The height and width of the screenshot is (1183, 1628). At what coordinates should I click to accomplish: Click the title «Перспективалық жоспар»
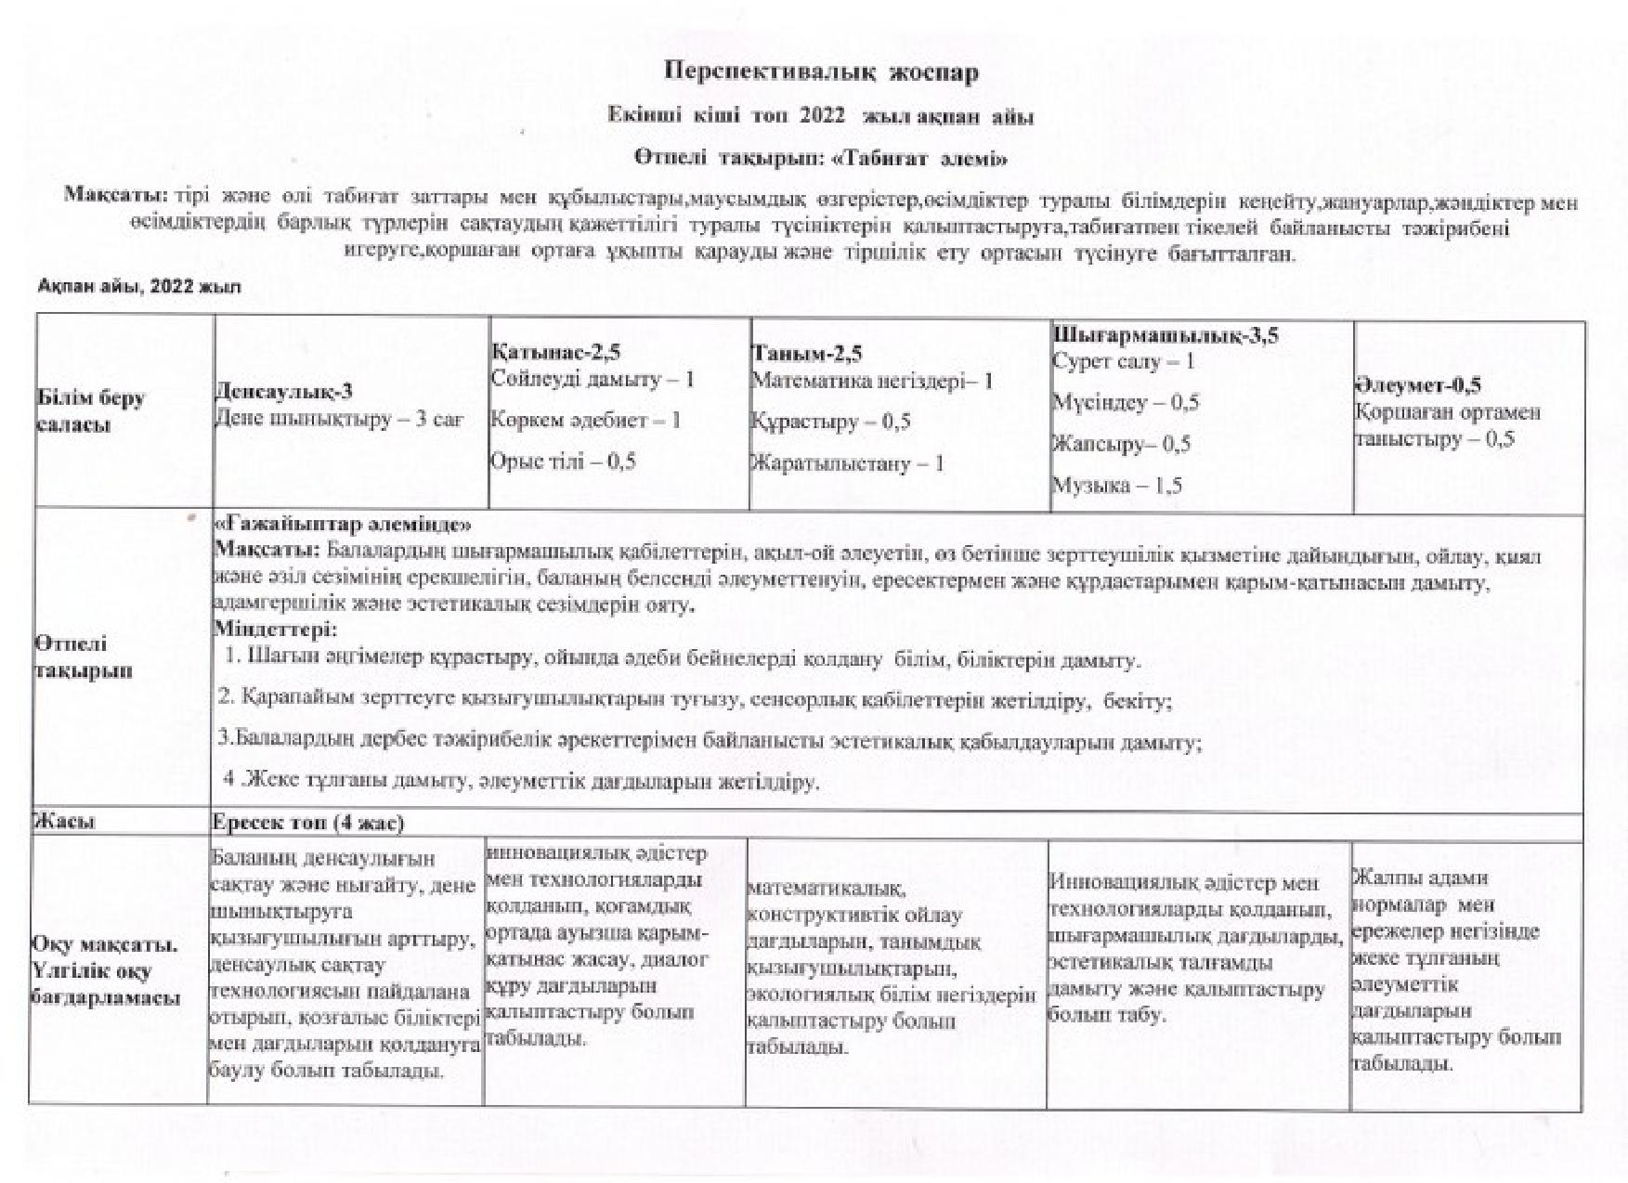click(821, 72)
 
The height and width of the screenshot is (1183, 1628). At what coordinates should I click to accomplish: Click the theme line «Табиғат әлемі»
click(821, 158)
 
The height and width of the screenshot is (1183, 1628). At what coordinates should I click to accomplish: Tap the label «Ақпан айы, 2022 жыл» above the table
click(139, 287)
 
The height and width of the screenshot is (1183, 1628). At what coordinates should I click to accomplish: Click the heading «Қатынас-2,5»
click(555, 352)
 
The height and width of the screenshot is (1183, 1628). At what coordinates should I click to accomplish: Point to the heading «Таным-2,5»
click(806, 353)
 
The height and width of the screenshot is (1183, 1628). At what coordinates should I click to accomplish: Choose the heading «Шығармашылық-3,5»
click(1165, 335)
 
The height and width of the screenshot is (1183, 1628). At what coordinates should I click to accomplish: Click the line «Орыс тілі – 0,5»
click(563, 461)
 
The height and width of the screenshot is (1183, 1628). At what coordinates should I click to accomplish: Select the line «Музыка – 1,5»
click(1116, 486)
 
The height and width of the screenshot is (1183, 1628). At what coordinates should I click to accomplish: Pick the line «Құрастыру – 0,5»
click(830, 422)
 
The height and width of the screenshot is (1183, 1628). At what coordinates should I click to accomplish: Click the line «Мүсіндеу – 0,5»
click(1125, 403)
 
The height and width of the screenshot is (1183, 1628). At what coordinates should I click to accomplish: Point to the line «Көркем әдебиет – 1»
click(585, 420)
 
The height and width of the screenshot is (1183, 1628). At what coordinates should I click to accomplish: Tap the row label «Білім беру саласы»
click(91, 411)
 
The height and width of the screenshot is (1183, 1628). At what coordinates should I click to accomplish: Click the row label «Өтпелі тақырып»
click(84, 657)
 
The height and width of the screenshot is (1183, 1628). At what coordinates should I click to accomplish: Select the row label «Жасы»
click(65, 822)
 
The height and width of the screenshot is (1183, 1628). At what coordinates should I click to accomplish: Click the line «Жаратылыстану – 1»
click(847, 463)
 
